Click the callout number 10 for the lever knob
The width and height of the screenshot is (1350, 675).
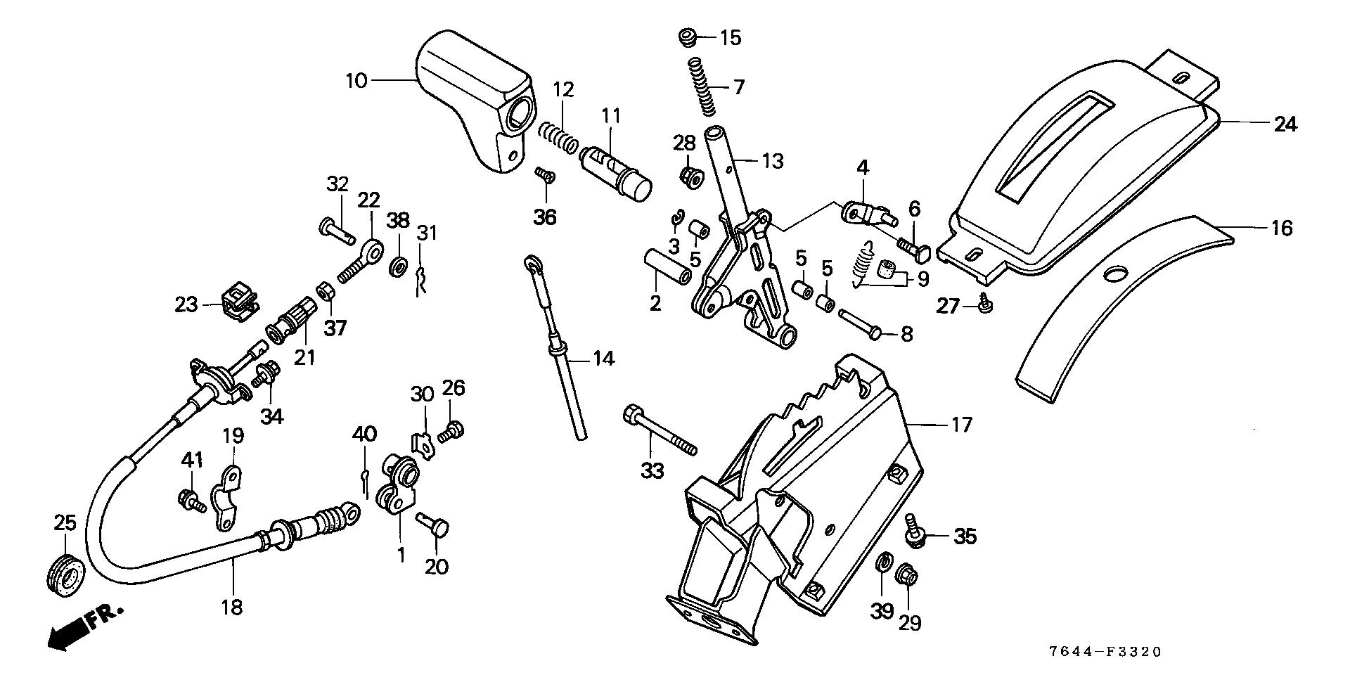(x=356, y=81)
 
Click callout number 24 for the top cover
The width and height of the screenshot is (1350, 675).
(x=1285, y=124)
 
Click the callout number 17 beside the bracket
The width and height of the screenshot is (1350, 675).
(x=961, y=425)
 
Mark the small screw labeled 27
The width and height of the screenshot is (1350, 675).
(x=985, y=303)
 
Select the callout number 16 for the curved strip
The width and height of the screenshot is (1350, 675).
(x=1281, y=228)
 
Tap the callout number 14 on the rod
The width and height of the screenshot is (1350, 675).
(x=603, y=359)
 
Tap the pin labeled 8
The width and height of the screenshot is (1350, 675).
(x=859, y=325)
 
